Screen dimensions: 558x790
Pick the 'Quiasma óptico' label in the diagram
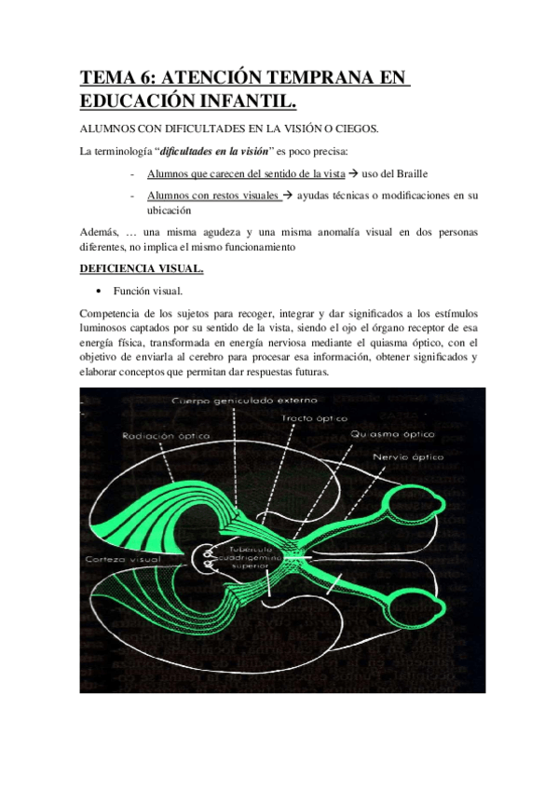[392, 435]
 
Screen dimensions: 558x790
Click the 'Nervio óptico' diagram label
[408, 457]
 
